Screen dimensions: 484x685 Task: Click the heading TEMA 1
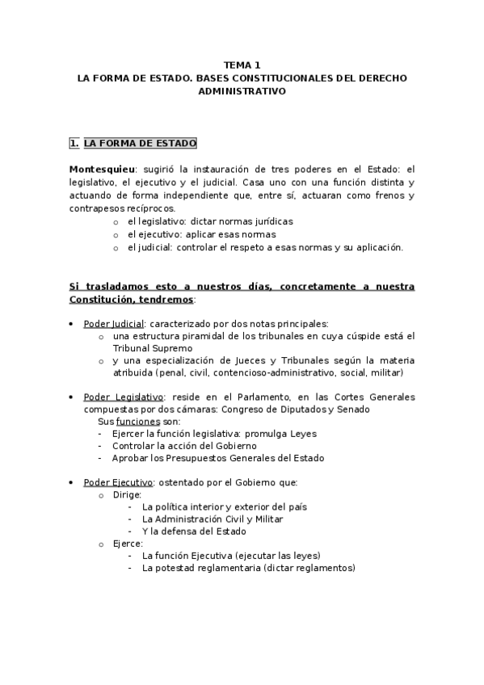point(242,66)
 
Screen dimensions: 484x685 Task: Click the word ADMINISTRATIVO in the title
point(242,92)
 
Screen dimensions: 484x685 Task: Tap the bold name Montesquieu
point(101,170)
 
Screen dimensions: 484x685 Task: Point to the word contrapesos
point(99,208)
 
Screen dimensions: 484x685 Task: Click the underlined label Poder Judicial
point(111,324)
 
